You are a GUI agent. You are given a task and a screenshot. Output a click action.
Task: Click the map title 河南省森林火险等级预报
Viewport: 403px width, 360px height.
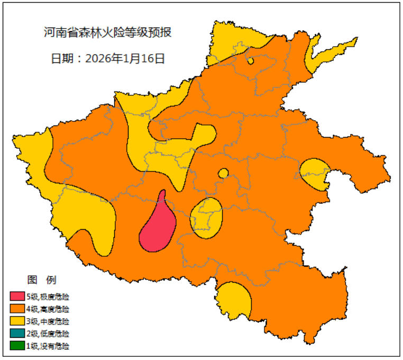[x=107, y=33]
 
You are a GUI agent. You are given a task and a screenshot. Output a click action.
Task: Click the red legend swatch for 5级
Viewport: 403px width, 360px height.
[x=17, y=296]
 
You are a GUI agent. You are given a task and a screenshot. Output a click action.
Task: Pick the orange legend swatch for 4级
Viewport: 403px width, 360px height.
[x=17, y=309]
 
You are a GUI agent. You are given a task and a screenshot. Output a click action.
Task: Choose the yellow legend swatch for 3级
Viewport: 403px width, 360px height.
[x=17, y=321]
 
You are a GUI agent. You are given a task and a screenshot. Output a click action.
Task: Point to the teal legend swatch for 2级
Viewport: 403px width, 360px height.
[x=17, y=334]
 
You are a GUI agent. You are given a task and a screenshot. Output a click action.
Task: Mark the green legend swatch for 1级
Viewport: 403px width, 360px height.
[x=17, y=346]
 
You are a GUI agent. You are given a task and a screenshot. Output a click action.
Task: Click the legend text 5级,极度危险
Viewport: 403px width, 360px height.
[x=48, y=296]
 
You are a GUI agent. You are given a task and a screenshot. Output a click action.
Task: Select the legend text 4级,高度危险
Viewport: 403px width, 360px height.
[x=48, y=309]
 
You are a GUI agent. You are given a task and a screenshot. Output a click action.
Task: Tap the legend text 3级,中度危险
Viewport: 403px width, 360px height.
[x=48, y=321]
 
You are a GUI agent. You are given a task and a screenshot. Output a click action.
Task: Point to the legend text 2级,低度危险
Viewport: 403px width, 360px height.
[x=48, y=334]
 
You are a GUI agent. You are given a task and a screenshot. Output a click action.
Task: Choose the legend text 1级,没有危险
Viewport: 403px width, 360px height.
[x=48, y=346]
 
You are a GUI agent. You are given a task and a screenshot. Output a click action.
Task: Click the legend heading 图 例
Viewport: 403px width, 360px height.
[x=41, y=280]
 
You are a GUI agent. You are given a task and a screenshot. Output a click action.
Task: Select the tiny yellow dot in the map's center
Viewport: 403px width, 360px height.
[x=223, y=173]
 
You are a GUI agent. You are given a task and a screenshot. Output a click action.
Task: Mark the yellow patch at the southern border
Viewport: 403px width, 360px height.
[x=234, y=300]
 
